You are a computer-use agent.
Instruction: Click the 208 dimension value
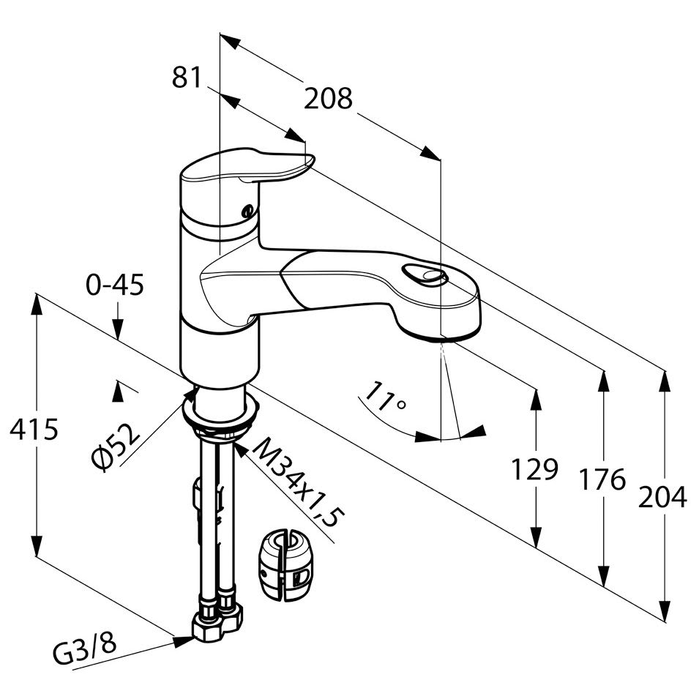pos(329,98)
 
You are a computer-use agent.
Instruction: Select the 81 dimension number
pos(187,76)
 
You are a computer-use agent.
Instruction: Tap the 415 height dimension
pos(34,430)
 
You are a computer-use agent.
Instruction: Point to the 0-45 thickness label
pos(115,284)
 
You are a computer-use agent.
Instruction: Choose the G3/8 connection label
pos(85,650)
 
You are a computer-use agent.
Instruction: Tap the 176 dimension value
pos(602,480)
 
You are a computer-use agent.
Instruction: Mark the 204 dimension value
pos(663,497)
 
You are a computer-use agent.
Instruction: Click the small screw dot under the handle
pos(247,211)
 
